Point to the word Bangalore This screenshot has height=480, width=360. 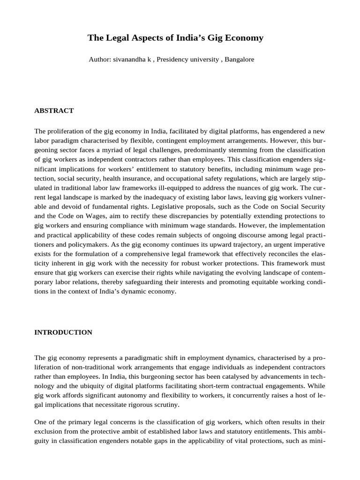click(240, 60)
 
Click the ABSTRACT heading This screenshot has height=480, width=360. click(54, 111)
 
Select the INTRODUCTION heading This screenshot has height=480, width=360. click(63, 332)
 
